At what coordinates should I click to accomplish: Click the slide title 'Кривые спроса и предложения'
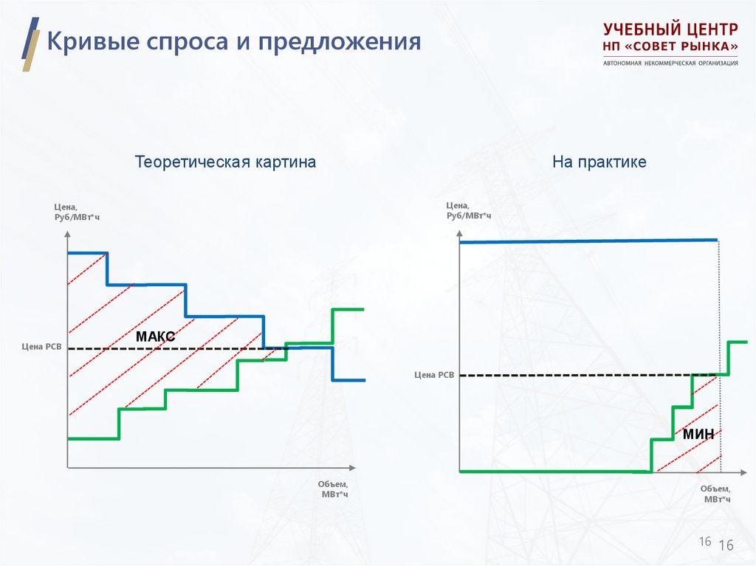[x=233, y=41]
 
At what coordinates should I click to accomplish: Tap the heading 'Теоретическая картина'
[x=225, y=162]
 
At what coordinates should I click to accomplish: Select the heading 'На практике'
[x=599, y=162]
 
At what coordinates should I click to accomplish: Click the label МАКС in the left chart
[x=155, y=337]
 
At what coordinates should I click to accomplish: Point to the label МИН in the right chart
[x=698, y=434]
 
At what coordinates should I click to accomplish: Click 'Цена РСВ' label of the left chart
[x=42, y=345]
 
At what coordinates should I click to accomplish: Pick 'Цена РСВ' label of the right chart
[x=435, y=375]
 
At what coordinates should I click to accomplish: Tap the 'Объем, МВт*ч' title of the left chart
[x=333, y=489]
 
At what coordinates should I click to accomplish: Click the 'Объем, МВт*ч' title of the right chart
[x=715, y=494]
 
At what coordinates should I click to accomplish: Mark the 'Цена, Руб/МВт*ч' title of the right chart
[x=468, y=210]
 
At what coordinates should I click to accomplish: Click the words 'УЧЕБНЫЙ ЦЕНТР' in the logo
[x=670, y=30]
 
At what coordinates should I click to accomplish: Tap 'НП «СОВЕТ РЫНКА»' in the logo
[x=670, y=47]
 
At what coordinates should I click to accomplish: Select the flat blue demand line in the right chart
[x=588, y=241]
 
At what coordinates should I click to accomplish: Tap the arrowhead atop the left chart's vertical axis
[x=67, y=233]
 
